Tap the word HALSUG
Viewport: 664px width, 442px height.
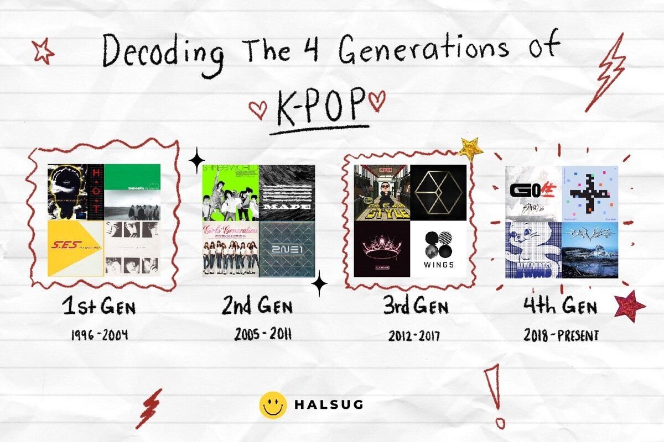pos(329,405)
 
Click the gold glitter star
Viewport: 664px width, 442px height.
pos(470,148)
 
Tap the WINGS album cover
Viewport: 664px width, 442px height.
pos(438,249)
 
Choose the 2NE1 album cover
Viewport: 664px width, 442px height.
pos(287,249)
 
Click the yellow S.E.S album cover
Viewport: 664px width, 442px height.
pos(76,248)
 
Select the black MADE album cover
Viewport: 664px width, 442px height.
pos(287,193)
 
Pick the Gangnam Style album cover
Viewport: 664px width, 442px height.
pos(382,193)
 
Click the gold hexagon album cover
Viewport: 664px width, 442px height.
pos(438,193)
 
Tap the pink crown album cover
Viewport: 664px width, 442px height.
pos(382,249)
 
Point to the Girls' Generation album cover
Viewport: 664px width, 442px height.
pos(230,249)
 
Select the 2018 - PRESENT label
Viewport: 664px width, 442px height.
pos(562,335)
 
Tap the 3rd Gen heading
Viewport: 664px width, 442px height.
pos(416,307)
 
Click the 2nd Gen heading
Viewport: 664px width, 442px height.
pos(257,307)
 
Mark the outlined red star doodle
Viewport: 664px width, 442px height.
pos(43,52)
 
